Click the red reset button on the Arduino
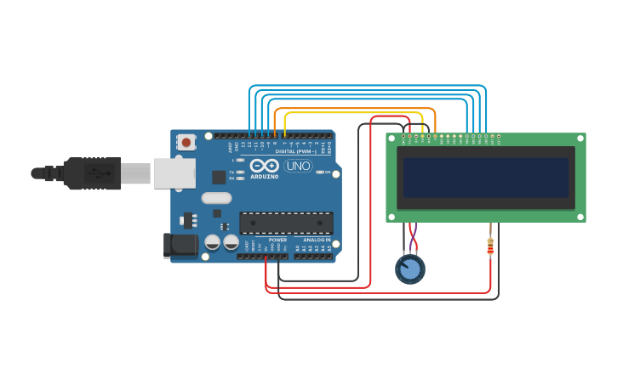[186, 142]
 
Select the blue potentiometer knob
[410, 269]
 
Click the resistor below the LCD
[490, 246]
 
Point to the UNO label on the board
[297, 166]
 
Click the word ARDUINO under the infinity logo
[265, 177]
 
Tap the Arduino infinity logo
[265, 166]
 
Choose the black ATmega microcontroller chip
[285, 224]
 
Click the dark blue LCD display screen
[485, 177]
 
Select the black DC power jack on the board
[180, 246]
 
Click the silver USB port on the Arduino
[174, 173]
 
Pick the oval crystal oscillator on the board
[216, 198]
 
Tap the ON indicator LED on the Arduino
[320, 172]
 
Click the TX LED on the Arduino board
[241, 172]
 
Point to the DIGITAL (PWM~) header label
[295, 151]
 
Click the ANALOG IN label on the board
[316, 241]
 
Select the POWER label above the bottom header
[277, 241]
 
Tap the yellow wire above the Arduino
[353, 112]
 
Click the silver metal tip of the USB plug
[135, 173]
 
